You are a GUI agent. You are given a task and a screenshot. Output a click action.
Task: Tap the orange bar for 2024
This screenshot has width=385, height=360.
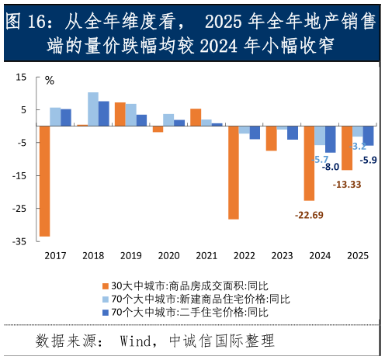[308, 163]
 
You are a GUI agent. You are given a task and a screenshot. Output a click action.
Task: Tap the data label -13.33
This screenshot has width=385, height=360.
[345, 184]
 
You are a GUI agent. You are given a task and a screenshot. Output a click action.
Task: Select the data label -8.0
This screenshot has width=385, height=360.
[331, 167]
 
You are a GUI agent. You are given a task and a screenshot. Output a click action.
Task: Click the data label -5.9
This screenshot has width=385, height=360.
[369, 160]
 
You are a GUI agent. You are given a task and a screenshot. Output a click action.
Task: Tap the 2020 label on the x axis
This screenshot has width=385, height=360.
[168, 255]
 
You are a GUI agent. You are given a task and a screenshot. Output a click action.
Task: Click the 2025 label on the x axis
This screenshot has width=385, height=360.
[357, 255]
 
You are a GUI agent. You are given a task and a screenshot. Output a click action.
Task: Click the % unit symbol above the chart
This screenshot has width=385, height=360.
[50, 80]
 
